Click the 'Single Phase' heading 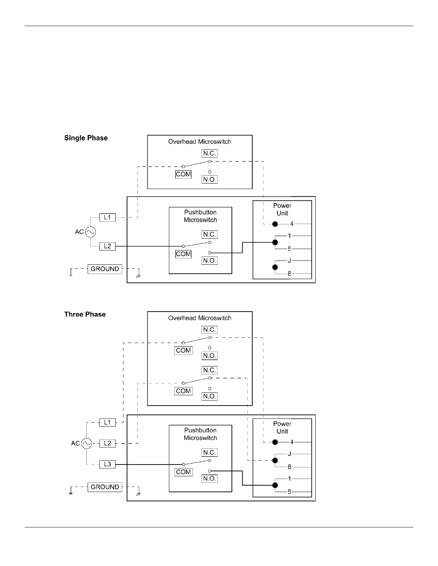pyautogui.click(x=86, y=138)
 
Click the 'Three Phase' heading pyautogui.click(x=85, y=314)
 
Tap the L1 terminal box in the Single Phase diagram pyautogui.click(x=107, y=217)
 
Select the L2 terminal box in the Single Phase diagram pyautogui.click(x=107, y=246)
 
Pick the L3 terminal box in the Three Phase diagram pyautogui.click(x=107, y=465)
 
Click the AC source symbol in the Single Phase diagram pyautogui.click(x=90, y=232)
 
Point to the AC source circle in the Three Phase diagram pyautogui.click(x=87, y=443)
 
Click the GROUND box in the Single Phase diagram pyautogui.click(x=105, y=269)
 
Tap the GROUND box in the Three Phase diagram pyautogui.click(x=105, y=487)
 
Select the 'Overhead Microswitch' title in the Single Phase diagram pyautogui.click(x=200, y=142)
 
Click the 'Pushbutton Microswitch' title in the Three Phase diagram pyautogui.click(x=200, y=434)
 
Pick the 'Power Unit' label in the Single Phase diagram pyautogui.click(x=282, y=209)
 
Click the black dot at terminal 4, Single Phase pyautogui.click(x=275, y=224)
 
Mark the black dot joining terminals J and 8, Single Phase pyautogui.click(x=275, y=267)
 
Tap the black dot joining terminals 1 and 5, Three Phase pyautogui.click(x=275, y=485)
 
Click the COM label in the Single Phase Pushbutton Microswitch pyautogui.click(x=183, y=254)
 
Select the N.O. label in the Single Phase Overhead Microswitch pyautogui.click(x=209, y=179)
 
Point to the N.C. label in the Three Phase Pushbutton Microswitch pyautogui.click(x=209, y=452)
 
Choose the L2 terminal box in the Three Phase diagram pyautogui.click(x=107, y=443)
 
